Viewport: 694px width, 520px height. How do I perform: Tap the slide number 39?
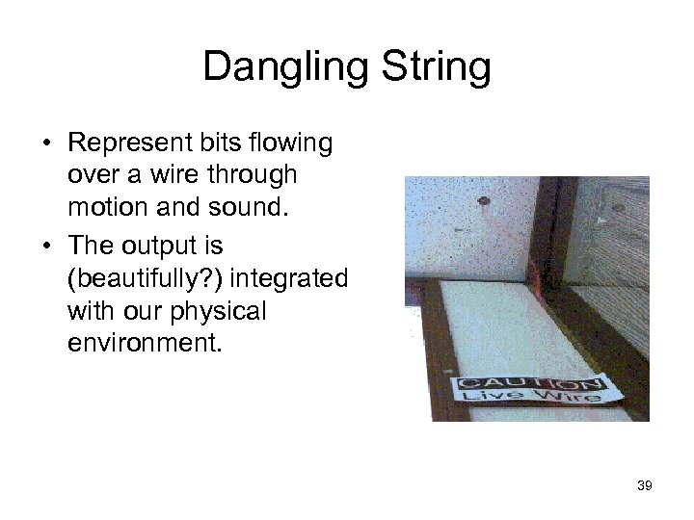[645, 486]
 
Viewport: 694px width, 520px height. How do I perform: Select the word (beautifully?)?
[146, 278]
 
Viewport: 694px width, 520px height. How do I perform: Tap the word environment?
[144, 344]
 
